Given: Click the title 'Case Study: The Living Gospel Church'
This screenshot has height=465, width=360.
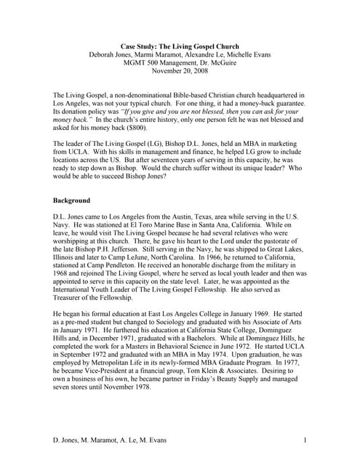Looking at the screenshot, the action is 179,45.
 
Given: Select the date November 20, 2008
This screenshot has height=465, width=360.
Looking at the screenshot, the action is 179,71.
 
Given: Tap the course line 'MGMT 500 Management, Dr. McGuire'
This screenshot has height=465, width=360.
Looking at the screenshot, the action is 179,62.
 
